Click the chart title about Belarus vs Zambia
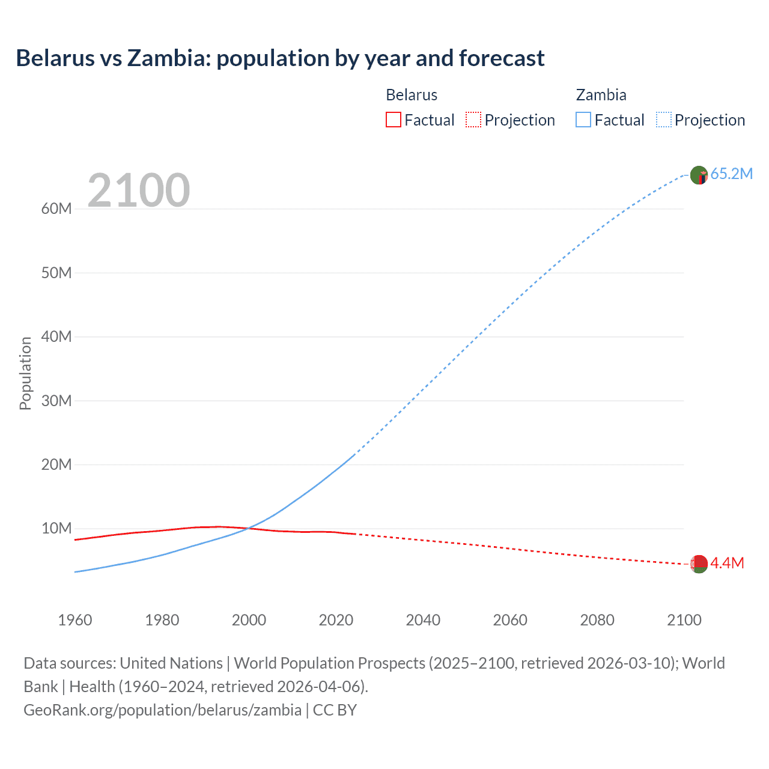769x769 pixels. [280, 58]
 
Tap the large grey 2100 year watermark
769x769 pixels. [139, 190]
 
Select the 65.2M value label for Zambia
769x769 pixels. [731, 174]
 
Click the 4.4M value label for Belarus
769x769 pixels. [727, 563]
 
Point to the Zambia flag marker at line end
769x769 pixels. [699, 175]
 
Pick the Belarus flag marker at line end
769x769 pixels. [699, 564]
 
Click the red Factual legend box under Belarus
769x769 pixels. [393, 120]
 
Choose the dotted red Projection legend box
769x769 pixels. [473, 120]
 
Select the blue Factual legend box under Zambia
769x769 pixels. [583, 120]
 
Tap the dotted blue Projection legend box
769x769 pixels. [664, 120]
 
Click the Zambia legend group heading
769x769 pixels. [601, 95]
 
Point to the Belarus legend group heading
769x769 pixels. [412, 95]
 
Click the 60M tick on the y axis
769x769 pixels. [56, 208]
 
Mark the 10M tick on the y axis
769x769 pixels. [56, 528]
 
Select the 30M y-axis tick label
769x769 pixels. [56, 401]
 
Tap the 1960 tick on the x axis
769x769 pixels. [75, 620]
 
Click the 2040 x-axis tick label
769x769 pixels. [423, 620]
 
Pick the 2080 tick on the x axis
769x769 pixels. [597, 620]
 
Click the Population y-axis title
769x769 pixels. [25, 373]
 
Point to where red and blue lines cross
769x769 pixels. [248, 529]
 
